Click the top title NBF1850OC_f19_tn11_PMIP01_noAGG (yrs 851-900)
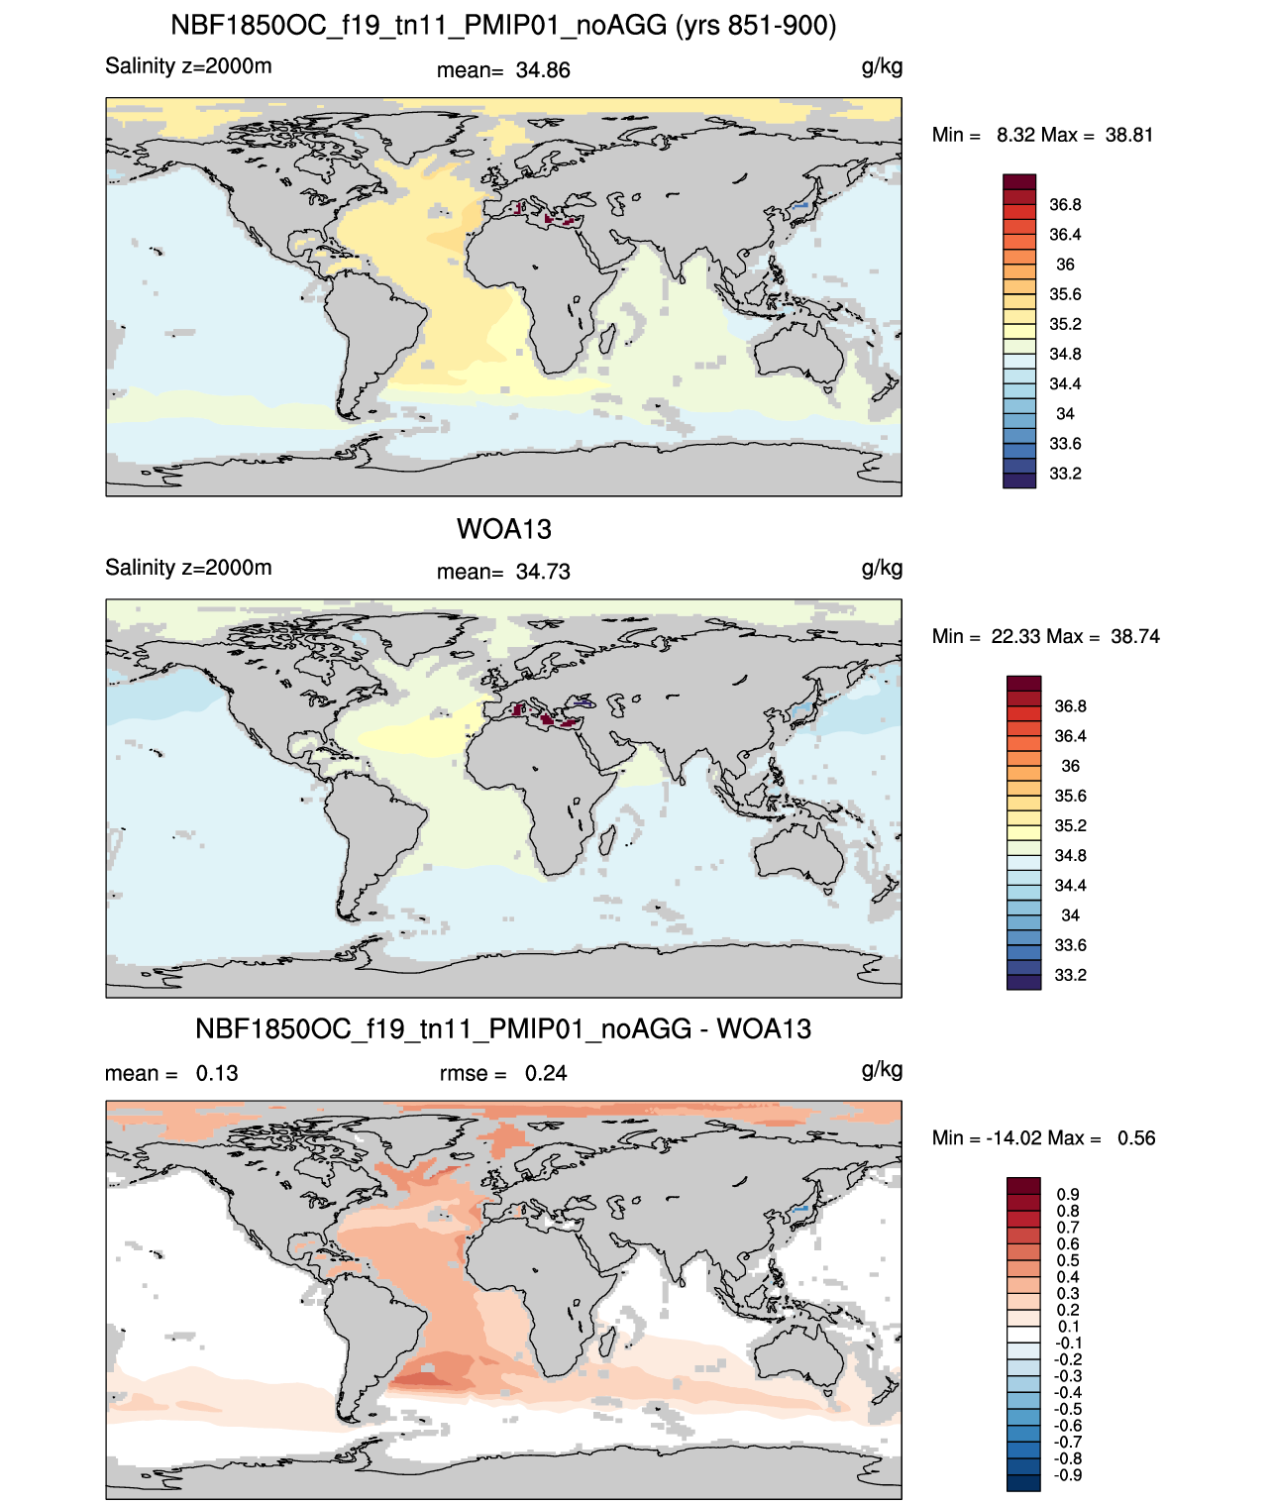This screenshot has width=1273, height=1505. tap(503, 26)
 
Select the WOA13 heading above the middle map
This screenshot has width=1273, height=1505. tap(503, 529)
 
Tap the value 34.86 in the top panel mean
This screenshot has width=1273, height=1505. tap(543, 70)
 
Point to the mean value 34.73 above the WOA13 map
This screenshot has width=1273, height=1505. tap(543, 573)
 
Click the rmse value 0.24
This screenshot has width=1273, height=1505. tap(545, 1074)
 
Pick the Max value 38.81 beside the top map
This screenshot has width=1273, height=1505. tap(1129, 136)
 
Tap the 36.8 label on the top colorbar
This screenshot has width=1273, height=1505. tap(1065, 205)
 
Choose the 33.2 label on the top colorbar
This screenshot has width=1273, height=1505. tap(1065, 474)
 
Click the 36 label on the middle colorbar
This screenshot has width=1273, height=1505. tap(1070, 766)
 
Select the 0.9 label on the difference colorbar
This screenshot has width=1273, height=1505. tap(1068, 1195)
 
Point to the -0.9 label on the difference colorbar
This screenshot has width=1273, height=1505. tap(1068, 1476)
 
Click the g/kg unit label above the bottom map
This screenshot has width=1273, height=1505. tap(882, 1070)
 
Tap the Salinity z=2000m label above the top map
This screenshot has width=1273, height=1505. tap(188, 66)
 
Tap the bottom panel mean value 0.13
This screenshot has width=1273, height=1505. tap(217, 1074)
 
